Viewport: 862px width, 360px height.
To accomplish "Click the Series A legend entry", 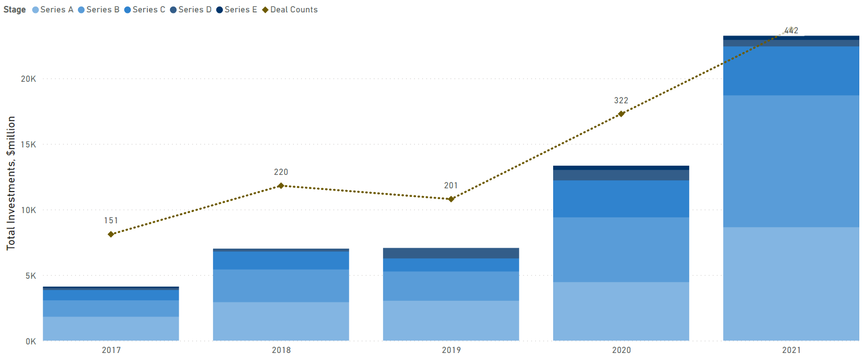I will point(53,10).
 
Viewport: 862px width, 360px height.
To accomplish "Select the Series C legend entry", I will point(145,10).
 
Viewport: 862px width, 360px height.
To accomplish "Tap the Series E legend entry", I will point(237,10).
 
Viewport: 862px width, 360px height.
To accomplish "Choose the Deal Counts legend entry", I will point(290,10).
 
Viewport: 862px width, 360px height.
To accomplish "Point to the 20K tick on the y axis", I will point(29,79).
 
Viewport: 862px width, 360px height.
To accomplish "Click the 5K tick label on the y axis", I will point(31,276).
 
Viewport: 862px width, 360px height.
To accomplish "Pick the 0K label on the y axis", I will point(31,342).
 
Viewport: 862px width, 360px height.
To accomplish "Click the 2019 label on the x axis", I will point(451,350).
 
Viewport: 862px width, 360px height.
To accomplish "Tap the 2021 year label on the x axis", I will point(791,350).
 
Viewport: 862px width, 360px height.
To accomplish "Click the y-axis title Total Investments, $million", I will point(11,183).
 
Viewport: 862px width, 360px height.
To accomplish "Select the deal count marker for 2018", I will point(281,186).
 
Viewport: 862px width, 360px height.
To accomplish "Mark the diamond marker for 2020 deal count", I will point(621,114).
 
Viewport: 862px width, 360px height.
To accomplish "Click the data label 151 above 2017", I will point(111,221).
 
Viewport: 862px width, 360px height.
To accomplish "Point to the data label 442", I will point(791,31).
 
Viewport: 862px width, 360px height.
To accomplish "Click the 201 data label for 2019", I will point(451,186).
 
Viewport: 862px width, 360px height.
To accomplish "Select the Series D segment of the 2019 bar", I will point(451,253).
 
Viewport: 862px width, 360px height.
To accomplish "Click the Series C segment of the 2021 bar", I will point(791,70).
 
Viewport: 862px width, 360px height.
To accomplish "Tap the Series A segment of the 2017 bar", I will point(111,328).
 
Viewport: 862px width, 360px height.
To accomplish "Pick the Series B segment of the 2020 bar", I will point(621,249).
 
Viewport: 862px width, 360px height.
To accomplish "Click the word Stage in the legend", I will point(15,10).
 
